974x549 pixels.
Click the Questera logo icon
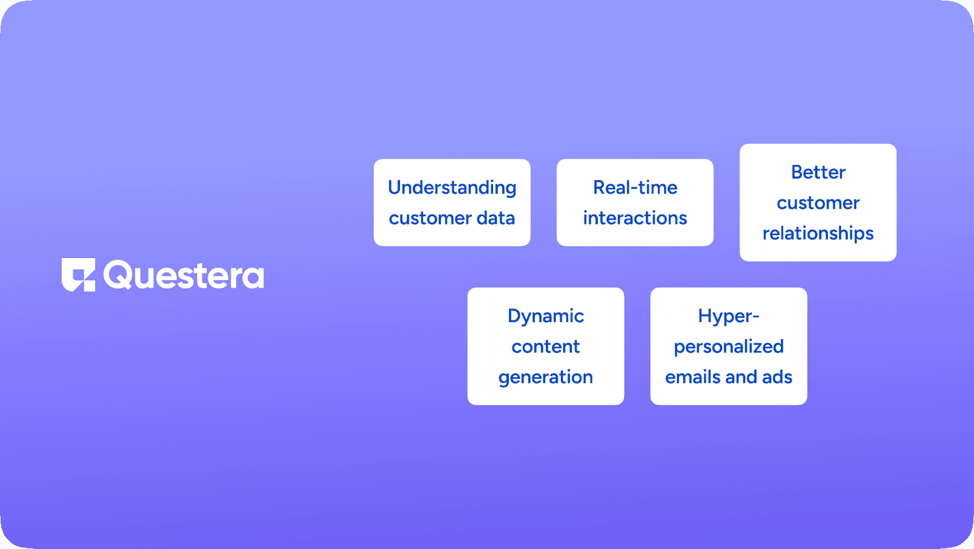(79, 274)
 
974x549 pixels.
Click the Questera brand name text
(183, 274)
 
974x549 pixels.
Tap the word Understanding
(452, 188)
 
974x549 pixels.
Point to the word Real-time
(636, 187)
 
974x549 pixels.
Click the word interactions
(636, 218)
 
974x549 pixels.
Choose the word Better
(818, 172)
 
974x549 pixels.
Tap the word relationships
(818, 234)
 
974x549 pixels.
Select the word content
(545, 346)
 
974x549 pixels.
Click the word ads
(777, 377)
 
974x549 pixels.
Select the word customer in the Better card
(818, 203)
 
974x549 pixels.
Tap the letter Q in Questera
(118, 274)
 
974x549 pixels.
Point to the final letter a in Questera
(253, 277)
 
